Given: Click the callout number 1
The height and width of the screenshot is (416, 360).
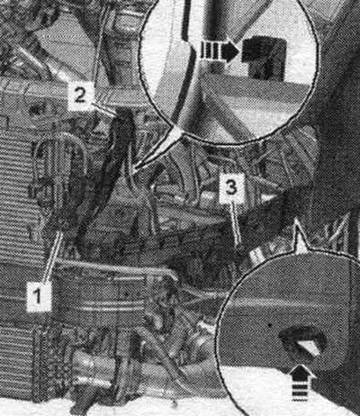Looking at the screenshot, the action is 38,296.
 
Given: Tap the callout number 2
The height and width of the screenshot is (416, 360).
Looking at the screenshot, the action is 79,95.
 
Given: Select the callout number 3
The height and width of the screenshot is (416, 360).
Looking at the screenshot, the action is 231,188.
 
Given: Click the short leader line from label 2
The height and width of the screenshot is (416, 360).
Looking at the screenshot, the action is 103,109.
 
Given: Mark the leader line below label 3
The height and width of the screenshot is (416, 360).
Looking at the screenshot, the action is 237,223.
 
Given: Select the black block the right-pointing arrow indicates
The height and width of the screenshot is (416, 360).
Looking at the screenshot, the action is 264,58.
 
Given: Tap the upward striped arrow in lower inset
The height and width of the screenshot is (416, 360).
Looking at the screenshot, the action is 302,383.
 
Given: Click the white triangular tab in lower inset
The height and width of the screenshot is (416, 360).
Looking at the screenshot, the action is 309,348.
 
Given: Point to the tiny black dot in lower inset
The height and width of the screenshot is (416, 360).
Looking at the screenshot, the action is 270,324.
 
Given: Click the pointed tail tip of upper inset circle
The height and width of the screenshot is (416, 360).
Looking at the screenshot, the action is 133,171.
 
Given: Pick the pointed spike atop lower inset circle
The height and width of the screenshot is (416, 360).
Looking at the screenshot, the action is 298,222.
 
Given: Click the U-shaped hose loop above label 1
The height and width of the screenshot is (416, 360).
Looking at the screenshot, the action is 60,156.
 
